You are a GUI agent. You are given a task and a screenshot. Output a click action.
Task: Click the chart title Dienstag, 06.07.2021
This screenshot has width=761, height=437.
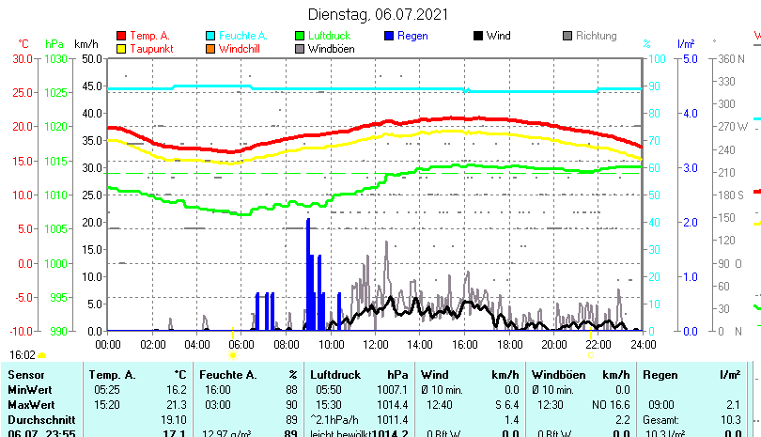click(379, 14)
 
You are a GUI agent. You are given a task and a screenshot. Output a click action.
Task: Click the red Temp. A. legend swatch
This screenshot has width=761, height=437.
click(121, 36)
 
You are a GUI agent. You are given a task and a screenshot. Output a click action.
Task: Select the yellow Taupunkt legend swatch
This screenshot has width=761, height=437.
click(121, 48)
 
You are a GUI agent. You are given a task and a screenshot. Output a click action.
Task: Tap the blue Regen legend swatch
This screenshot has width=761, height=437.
click(389, 36)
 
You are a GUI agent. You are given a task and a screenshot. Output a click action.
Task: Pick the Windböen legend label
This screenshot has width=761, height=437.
click(331, 48)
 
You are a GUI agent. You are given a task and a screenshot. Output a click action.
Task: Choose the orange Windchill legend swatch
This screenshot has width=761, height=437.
click(210, 48)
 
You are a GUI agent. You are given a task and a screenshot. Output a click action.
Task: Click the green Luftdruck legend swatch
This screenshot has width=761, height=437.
click(300, 36)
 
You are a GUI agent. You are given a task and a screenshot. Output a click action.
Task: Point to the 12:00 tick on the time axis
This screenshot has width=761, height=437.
click(375, 344)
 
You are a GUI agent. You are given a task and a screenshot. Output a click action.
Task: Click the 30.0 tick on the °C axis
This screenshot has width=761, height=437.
click(23, 58)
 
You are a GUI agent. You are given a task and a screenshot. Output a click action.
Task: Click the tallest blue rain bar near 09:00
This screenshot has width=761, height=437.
click(308, 273)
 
